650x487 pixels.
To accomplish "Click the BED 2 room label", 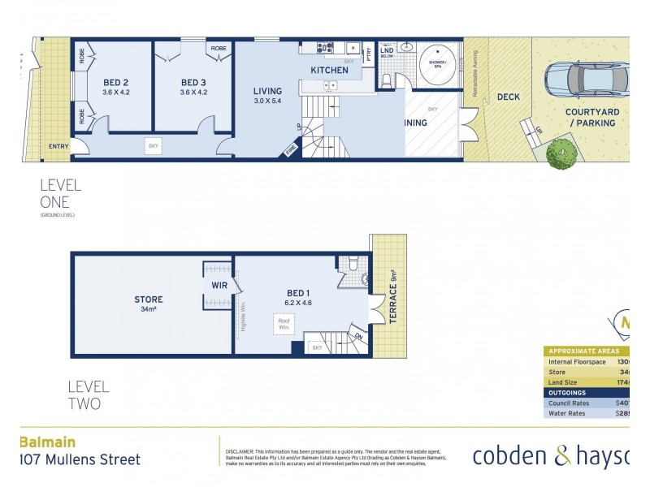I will (116, 82).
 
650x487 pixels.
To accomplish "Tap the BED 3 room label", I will (194, 82).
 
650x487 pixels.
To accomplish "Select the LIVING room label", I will (267, 91).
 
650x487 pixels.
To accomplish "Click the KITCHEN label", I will (329, 71).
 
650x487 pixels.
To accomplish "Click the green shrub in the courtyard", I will (561, 154).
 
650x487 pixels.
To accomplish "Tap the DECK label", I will (509, 97).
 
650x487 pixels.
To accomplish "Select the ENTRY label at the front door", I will (58, 146).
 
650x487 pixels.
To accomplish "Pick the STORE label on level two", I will (149, 300).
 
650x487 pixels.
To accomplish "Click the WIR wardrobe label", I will (218, 286).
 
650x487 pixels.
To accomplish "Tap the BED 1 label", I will (297, 293).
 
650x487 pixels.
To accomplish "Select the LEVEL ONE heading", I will (61, 194).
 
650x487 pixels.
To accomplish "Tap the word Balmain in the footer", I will (47, 442).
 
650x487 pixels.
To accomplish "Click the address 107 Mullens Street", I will (79, 459).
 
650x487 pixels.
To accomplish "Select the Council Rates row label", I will (570, 402).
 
